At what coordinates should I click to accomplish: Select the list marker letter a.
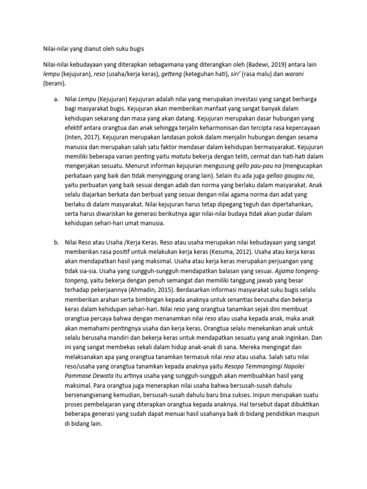(x=56, y=99)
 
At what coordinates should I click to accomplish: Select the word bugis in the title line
(x=134, y=48)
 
